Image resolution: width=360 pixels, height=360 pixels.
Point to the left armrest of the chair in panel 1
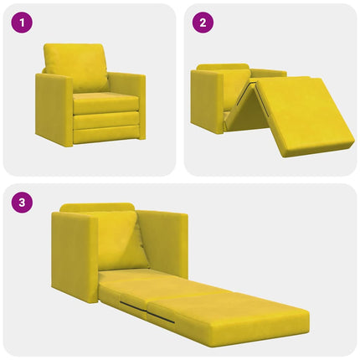(53, 108)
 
